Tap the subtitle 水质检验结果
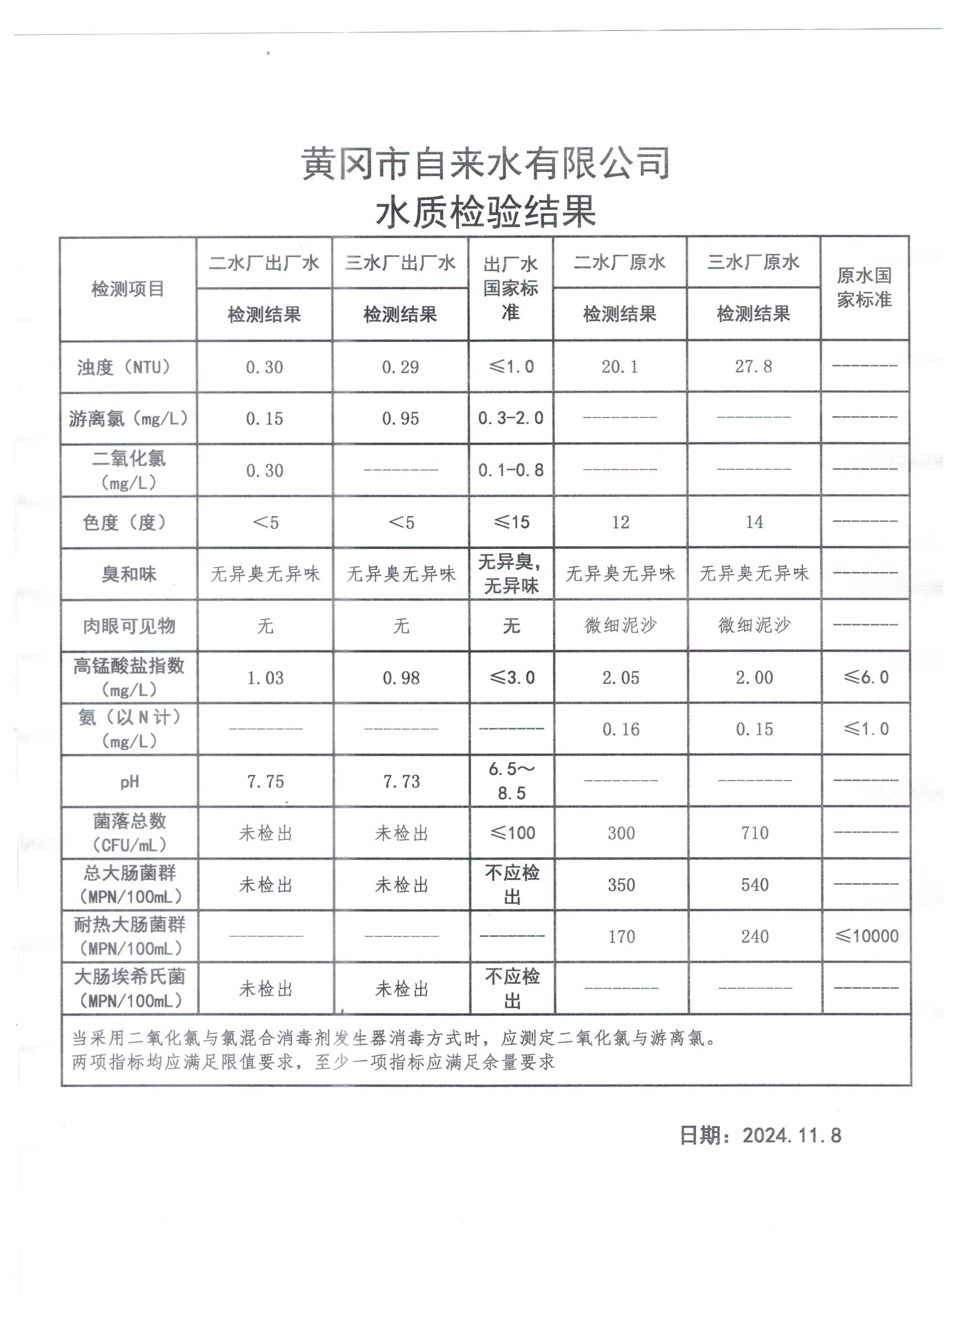[x=486, y=211]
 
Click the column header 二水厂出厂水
[x=264, y=263]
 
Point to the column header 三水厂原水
[x=753, y=262]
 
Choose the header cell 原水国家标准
[x=864, y=287]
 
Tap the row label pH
[x=129, y=782]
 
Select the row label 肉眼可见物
[x=129, y=626]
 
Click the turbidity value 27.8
[x=753, y=366]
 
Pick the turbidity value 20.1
[x=619, y=366]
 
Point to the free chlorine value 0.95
[x=400, y=419]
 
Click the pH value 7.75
[x=265, y=782]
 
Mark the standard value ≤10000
[x=866, y=936]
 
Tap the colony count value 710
[x=754, y=833]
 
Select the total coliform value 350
[x=620, y=885]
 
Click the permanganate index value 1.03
[x=265, y=678]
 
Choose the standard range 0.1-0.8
[x=511, y=470]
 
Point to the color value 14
[x=754, y=522]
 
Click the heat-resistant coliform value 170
[x=621, y=937]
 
